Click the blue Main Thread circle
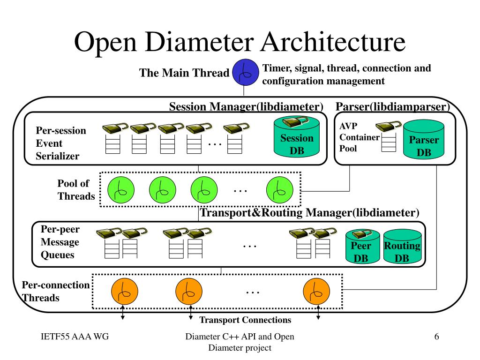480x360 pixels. click(245, 72)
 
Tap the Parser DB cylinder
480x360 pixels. click(424, 139)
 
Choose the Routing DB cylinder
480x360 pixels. click(402, 247)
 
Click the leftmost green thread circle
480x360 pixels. click(121, 190)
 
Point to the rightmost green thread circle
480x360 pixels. click(280, 190)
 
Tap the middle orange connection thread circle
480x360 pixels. click(189, 292)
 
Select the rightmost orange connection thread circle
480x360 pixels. click(316, 292)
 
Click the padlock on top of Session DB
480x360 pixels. click(295, 122)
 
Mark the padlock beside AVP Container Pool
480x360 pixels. click(388, 126)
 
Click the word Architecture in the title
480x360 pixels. click(333, 42)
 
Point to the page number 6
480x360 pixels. click(436, 337)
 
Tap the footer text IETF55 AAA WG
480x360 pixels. click(75, 337)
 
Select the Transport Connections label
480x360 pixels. click(245, 320)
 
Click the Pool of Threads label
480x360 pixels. click(76, 189)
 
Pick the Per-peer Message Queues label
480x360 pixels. click(60, 242)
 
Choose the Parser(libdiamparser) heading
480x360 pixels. click(393, 106)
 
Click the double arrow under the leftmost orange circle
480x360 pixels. click(123, 312)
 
